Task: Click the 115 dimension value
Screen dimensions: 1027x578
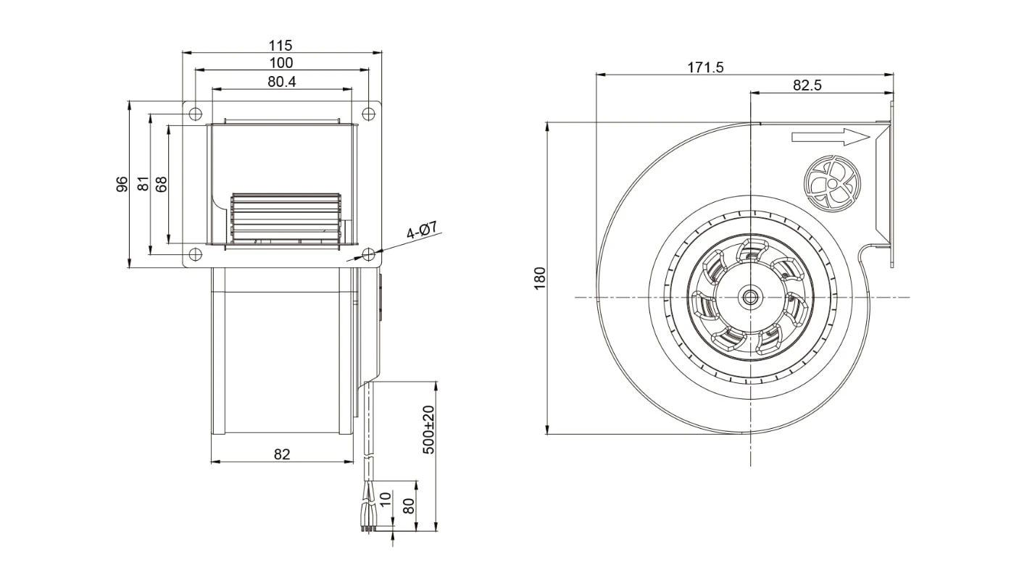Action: (x=280, y=46)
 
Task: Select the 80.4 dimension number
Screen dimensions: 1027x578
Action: (x=281, y=82)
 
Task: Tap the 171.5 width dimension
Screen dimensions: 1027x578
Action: (x=705, y=67)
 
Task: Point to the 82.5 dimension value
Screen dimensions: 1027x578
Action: (x=807, y=85)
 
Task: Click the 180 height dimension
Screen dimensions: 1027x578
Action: (x=540, y=277)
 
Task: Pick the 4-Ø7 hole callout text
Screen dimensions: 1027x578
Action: (x=423, y=230)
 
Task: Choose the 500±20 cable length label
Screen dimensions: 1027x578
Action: (x=428, y=430)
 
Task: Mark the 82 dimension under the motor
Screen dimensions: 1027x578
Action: (x=282, y=454)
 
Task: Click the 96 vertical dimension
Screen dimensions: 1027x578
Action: (x=122, y=184)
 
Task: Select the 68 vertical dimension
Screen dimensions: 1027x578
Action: (x=162, y=184)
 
